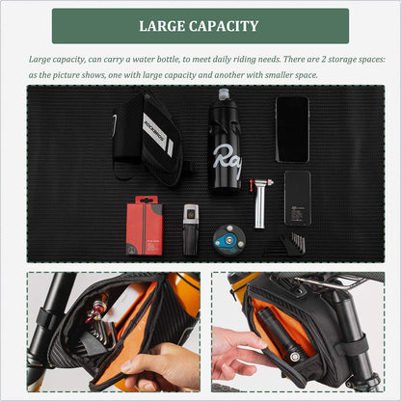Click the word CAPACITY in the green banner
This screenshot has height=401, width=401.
pos(224,26)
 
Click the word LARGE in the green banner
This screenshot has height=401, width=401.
pos(161,26)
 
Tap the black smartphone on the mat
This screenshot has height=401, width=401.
pos(292,129)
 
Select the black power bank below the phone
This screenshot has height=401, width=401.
pos(298,199)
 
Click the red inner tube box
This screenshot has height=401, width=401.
pos(145,226)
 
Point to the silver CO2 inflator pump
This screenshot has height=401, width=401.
pos(261,203)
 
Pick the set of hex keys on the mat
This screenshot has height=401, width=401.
pos(291,244)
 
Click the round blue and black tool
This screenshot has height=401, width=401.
pos(229,240)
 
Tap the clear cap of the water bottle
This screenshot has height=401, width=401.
pos(224,94)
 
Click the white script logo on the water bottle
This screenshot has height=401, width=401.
pos(227,161)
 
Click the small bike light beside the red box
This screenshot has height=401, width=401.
pos(191,229)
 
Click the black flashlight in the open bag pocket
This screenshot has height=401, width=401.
pos(281,335)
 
